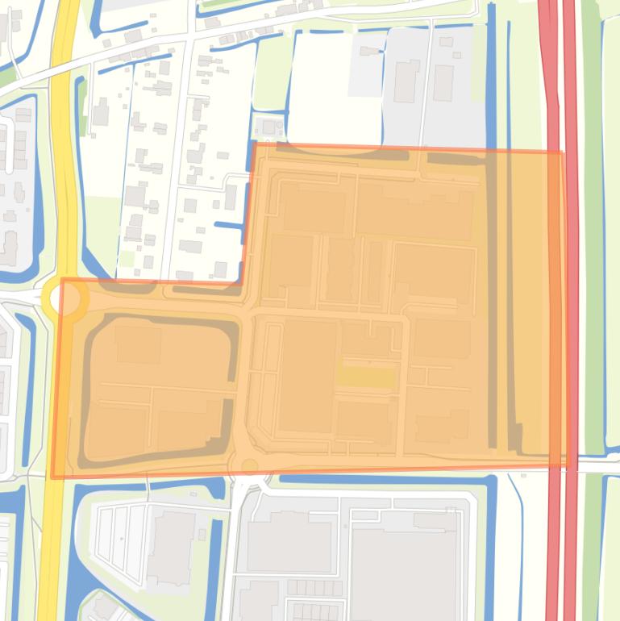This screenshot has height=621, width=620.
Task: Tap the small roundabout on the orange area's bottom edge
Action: pyautogui.click(x=249, y=466)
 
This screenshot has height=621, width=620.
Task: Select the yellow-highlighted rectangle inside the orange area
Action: pyautogui.click(x=365, y=376)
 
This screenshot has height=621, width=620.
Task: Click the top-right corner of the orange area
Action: pyautogui.click(x=561, y=152)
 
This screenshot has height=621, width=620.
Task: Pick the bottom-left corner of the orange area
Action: pyautogui.click(x=53, y=477)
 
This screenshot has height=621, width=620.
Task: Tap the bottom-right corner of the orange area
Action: pyautogui.click(x=566, y=465)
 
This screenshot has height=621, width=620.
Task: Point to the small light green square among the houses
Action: pyautogui.click(x=127, y=259)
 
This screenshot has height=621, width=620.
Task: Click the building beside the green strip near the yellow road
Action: pyautogui.click(x=100, y=113)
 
